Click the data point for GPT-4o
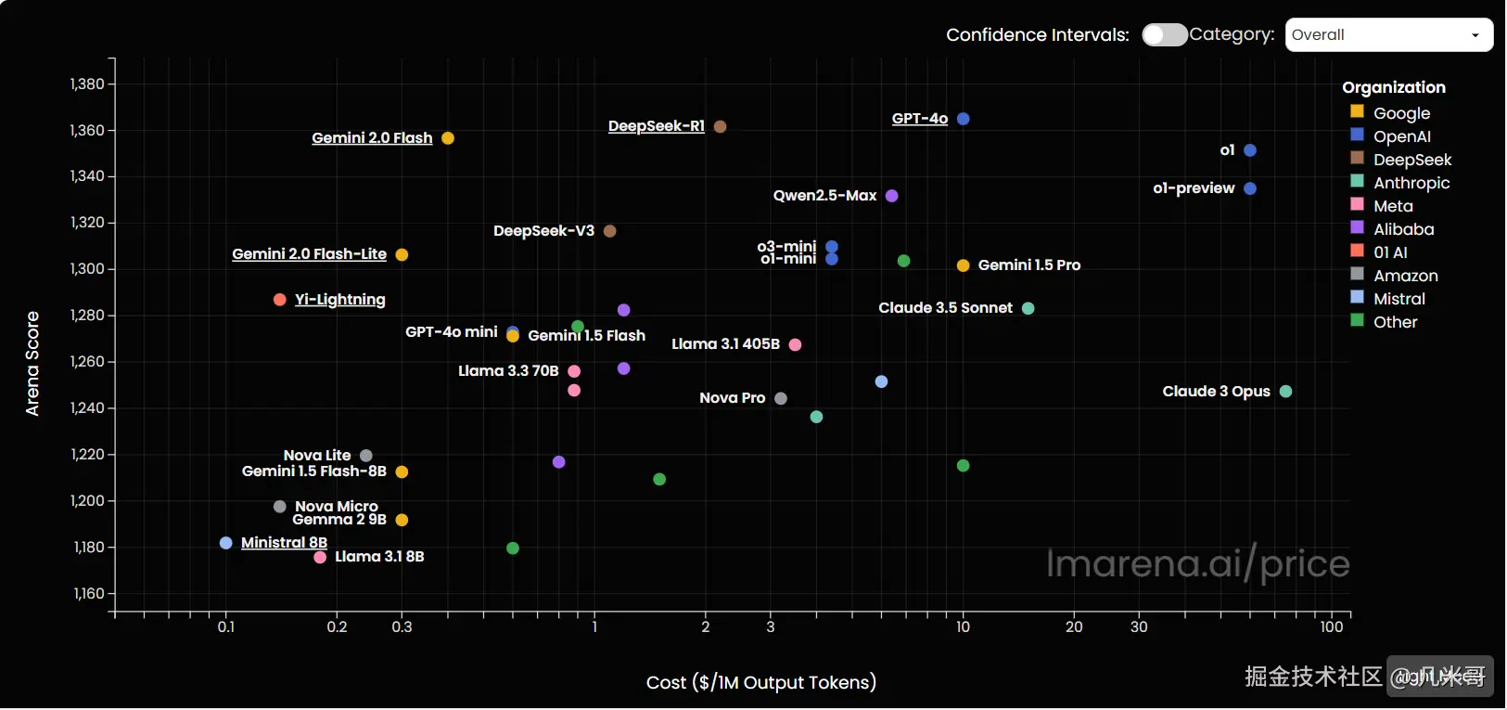click(x=963, y=119)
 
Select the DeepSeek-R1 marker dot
click(x=720, y=126)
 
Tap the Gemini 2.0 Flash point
click(x=448, y=138)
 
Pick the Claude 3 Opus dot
click(x=1285, y=392)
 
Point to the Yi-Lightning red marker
click(x=280, y=300)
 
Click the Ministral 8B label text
click(x=284, y=543)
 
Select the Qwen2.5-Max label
click(x=824, y=196)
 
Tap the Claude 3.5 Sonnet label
click(x=945, y=308)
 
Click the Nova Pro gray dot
click(x=781, y=398)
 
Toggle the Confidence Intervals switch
click(x=1164, y=34)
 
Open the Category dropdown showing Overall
click(x=1388, y=35)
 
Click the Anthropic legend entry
click(x=1411, y=183)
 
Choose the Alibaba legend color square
click(x=1357, y=227)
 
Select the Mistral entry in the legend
click(x=1398, y=299)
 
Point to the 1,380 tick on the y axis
click(x=87, y=84)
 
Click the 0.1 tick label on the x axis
click(x=226, y=627)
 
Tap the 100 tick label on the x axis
click(x=1331, y=627)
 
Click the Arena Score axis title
click(x=32, y=363)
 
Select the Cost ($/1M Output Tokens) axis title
click(x=760, y=683)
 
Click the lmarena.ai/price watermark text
click(x=1197, y=563)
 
